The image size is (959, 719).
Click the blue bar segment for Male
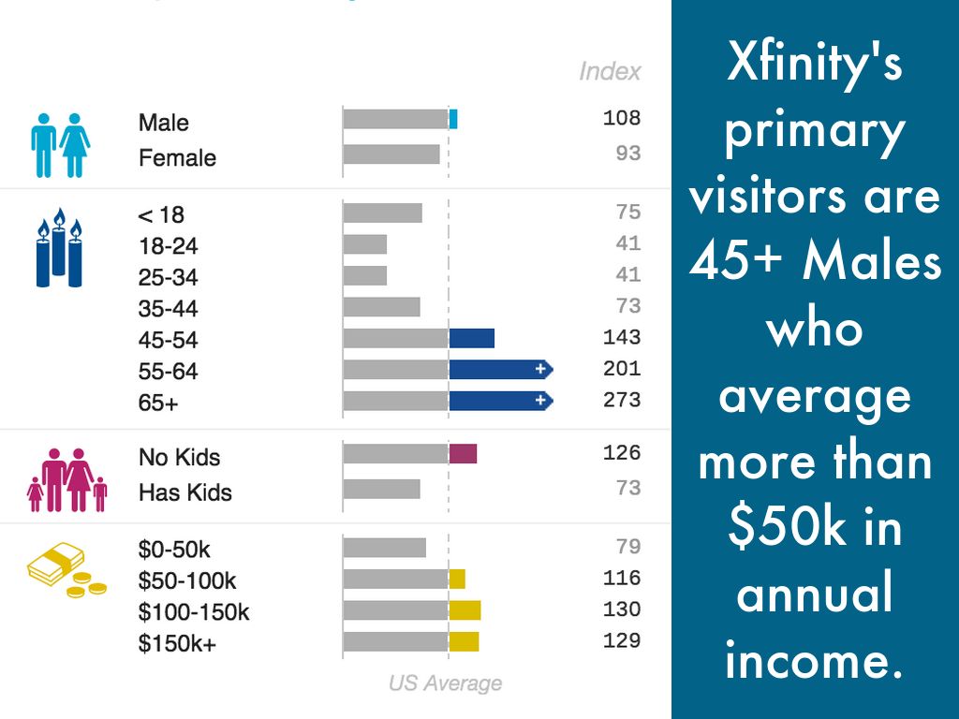[x=453, y=119]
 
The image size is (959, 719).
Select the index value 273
[x=622, y=400]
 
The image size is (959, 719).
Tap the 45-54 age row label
[x=169, y=340]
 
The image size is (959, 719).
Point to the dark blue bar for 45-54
[x=471, y=338]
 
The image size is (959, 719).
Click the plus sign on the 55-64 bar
[x=540, y=370]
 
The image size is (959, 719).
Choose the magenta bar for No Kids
[x=463, y=454]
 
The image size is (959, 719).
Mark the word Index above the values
[x=610, y=71]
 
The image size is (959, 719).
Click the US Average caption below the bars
[x=445, y=683]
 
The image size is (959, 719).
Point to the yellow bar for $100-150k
[x=465, y=610]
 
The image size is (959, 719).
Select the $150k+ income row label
[x=177, y=643]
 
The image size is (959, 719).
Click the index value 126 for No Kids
[x=622, y=453]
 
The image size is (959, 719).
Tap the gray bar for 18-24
[x=365, y=244]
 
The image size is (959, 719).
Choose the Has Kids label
[x=185, y=492]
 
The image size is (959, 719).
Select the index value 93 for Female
[x=628, y=153]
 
